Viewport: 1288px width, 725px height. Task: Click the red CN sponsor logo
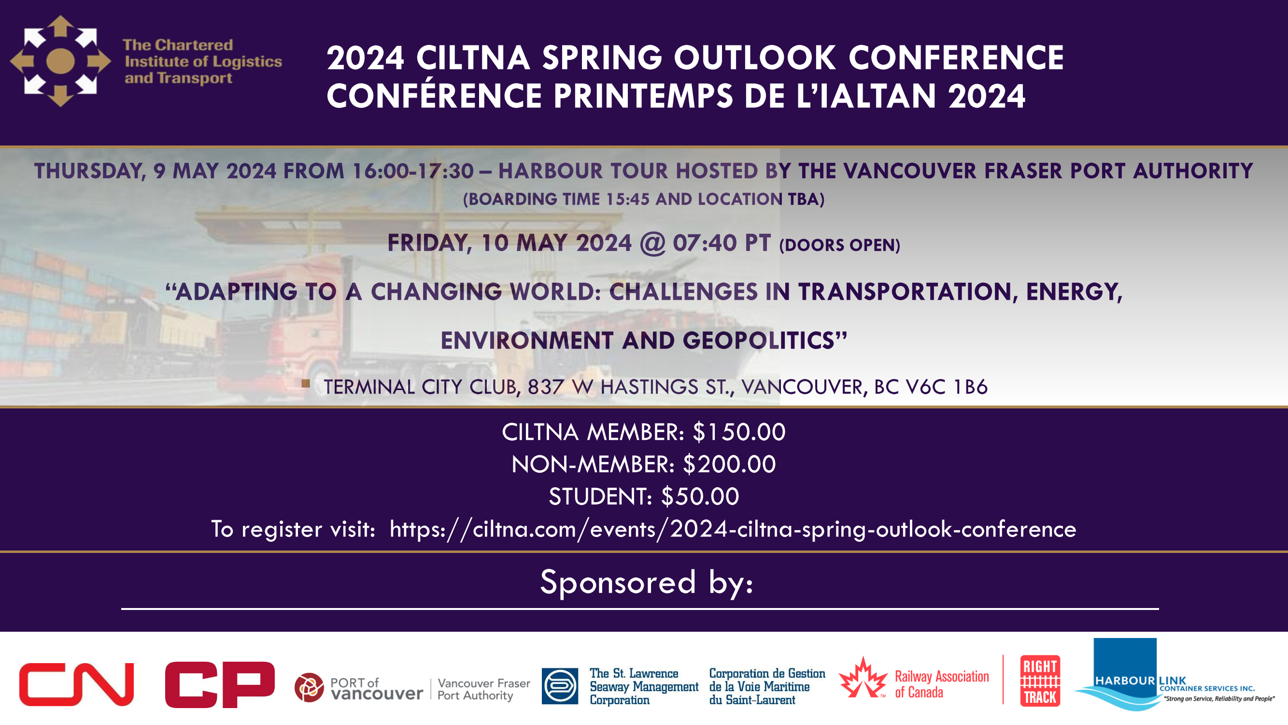click(76, 684)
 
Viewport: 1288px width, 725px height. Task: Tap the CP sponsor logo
click(220, 684)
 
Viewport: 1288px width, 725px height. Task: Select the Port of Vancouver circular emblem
click(309, 687)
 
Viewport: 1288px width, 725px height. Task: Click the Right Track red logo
click(1040, 681)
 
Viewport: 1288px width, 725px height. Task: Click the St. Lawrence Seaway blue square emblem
click(560, 686)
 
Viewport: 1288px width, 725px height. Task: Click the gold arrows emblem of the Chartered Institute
click(60, 61)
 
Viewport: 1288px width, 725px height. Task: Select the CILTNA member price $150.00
click(739, 432)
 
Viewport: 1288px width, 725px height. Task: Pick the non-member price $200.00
click(730, 464)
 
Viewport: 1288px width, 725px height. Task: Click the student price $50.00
click(700, 497)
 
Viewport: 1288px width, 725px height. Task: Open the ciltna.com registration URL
click(733, 529)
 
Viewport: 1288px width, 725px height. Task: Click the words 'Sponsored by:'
click(647, 582)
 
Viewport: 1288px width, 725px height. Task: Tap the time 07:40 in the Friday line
click(705, 243)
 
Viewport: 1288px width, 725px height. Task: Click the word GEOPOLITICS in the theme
click(758, 341)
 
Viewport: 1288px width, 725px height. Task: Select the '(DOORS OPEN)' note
click(839, 245)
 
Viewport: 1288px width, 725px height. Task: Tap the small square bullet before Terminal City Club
click(306, 383)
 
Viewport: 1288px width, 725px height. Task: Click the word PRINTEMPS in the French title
click(643, 96)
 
